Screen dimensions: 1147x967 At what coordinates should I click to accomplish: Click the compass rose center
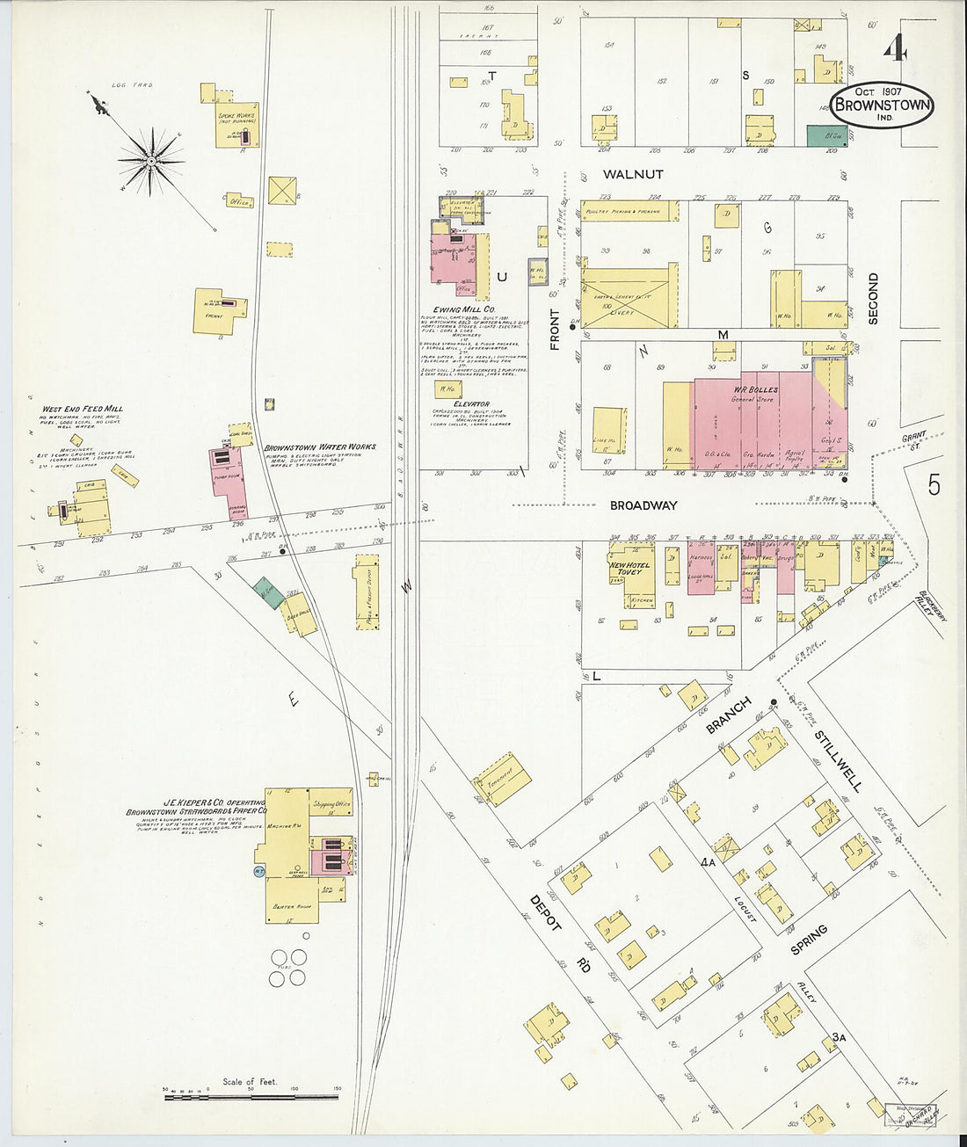point(151,161)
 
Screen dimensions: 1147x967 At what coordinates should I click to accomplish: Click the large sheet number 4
point(895,49)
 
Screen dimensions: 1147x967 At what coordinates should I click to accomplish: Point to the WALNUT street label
point(634,175)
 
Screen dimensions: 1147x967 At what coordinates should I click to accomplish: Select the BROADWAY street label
point(644,505)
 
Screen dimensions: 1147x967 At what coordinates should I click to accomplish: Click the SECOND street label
point(873,299)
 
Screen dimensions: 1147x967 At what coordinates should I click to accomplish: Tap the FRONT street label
point(556,330)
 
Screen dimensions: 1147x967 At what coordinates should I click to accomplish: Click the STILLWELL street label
point(838,760)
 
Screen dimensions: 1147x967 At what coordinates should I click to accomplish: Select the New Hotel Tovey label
point(629,568)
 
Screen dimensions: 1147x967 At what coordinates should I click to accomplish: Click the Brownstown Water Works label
point(320,446)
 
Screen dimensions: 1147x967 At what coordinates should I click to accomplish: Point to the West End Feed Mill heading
point(83,409)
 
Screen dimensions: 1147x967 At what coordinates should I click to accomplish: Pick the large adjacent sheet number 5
point(933,484)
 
